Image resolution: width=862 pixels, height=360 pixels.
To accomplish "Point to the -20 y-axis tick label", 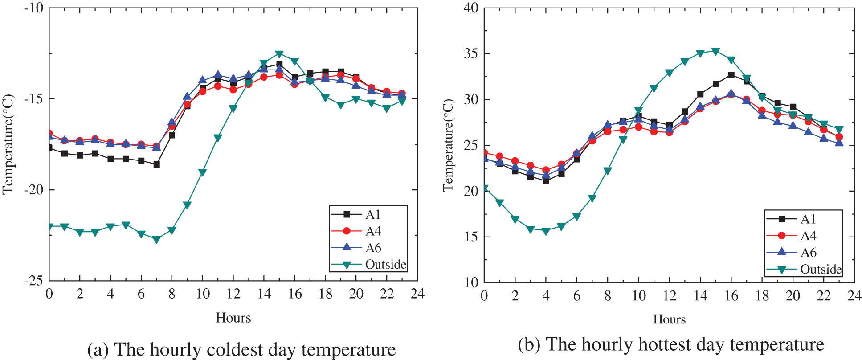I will (x=34, y=190).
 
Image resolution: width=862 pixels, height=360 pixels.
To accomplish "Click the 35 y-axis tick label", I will (x=471, y=54).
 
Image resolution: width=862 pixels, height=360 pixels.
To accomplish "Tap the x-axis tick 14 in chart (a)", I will (x=264, y=294).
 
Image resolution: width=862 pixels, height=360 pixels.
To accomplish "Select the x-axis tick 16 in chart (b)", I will (x=731, y=296).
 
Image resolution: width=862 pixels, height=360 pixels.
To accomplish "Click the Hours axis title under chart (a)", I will (x=233, y=318).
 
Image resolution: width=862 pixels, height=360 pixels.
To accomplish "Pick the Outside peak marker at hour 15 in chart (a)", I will (x=279, y=54).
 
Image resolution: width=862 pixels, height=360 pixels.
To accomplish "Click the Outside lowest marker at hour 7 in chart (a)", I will (x=156, y=240).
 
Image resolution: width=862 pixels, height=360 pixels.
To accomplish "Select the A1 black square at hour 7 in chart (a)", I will (x=156, y=164).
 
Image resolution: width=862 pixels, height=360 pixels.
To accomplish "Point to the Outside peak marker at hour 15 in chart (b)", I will (x=715, y=51).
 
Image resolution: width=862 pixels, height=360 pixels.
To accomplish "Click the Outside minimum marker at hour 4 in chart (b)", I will (x=546, y=231).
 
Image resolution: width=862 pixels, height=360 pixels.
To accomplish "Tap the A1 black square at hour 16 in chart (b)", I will (x=731, y=75).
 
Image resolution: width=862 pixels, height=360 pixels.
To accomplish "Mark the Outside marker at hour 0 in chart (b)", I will (x=485, y=188).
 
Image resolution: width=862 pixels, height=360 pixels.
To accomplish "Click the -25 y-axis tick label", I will (x=34, y=281).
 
